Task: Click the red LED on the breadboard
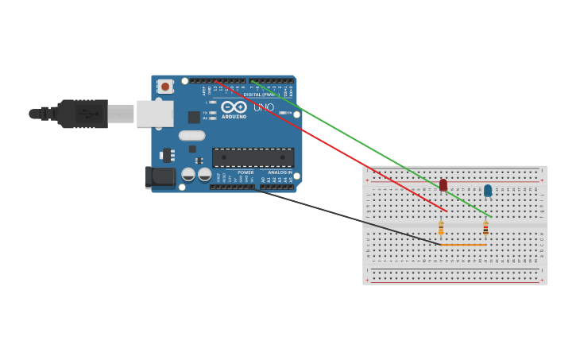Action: point(443,185)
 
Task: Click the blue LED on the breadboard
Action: point(488,191)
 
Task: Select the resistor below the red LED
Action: point(441,229)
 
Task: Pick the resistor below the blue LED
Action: point(485,228)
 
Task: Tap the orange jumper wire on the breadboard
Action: point(464,245)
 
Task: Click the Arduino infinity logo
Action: point(234,106)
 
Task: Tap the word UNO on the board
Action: point(264,107)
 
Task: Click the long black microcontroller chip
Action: point(253,157)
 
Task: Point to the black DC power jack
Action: point(160,177)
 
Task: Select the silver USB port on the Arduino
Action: point(155,114)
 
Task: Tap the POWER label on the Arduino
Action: point(245,172)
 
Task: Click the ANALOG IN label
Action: point(280,172)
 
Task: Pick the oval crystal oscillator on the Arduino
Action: point(191,136)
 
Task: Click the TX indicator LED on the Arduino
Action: point(212,113)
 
